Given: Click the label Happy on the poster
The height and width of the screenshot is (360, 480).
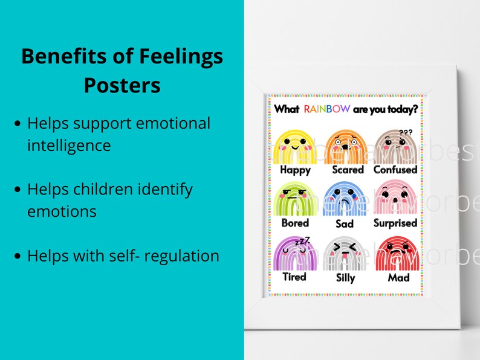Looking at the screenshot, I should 295,170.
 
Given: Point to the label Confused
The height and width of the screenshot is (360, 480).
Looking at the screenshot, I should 395,170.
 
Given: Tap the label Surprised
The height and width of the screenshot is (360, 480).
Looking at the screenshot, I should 395,223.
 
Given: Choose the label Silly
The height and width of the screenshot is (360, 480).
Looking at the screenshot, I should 345,278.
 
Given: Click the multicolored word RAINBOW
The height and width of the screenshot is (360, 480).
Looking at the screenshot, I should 327,109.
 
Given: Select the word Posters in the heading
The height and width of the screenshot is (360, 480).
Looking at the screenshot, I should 122,85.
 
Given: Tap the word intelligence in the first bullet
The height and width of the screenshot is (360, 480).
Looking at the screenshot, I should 69,146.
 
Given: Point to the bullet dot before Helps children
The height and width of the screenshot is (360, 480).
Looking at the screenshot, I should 18,190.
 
